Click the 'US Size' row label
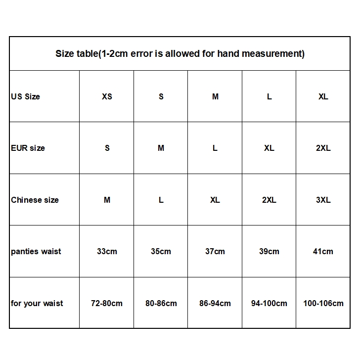25,96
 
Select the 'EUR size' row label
28,148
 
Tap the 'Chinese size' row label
35,200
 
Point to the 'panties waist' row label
36,251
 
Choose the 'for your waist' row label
37,303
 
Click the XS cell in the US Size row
107,96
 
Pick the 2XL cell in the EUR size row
323,148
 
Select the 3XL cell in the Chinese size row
323,200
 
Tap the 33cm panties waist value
107,251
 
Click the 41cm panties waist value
323,251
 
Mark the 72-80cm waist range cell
107,303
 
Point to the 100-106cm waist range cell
323,303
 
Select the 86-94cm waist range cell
215,303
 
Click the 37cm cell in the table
215,251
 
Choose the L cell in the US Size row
269,96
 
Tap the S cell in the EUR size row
107,148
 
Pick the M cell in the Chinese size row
107,200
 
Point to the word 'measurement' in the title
275,53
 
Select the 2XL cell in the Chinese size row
269,200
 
